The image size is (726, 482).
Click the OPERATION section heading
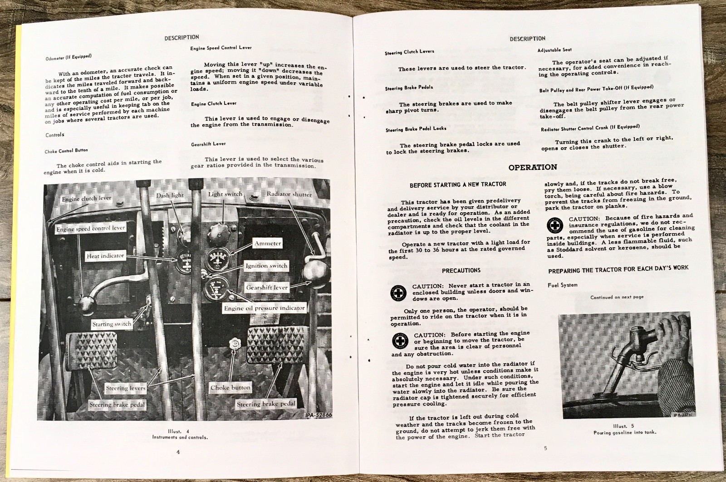click(532, 167)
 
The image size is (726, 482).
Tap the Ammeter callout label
click(268, 243)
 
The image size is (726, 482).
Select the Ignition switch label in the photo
click(266, 265)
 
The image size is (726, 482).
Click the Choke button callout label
click(231, 388)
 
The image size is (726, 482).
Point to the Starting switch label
click(112, 324)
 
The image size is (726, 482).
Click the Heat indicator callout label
click(105, 256)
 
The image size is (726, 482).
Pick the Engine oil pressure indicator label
click(265, 308)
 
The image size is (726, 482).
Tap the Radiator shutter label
click(289, 194)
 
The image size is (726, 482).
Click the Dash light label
click(170, 195)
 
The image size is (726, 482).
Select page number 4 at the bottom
click(178, 452)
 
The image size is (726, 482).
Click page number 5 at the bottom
click(545, 448)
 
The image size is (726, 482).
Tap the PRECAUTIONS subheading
click(461, 270)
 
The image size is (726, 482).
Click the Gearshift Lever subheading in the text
click(208, 144)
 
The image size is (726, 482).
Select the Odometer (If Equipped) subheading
click(69, 57)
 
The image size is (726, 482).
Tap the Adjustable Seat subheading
click(554, 50)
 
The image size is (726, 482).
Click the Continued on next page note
click(617, 297)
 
